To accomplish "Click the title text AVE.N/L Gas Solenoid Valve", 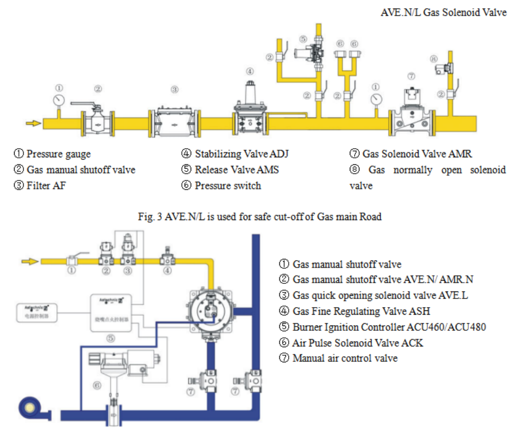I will (x=443, y=12).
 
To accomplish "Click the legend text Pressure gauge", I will (x=58, y=154).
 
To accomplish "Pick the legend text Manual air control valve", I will (x=345, y=358).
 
